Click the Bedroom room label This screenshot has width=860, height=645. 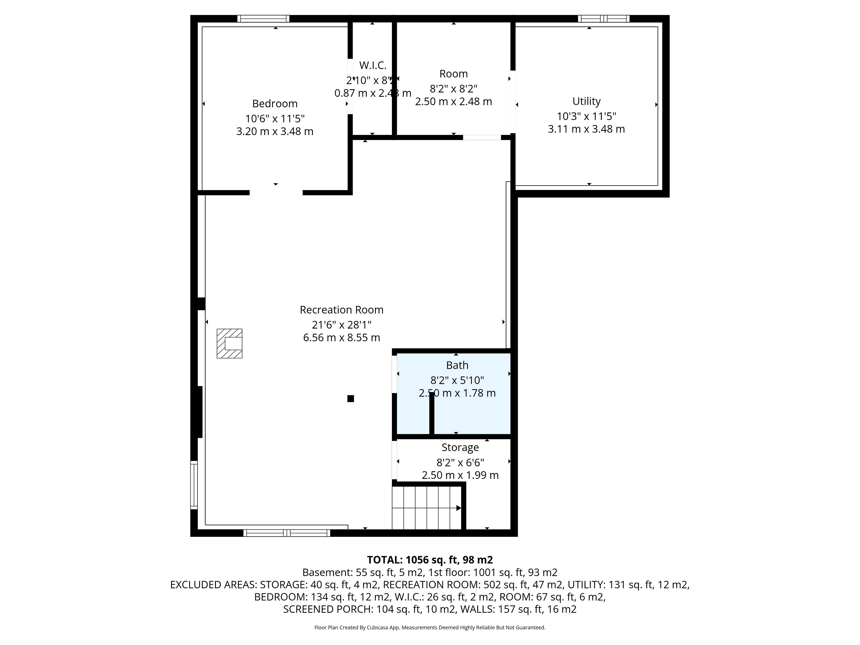[275, 104]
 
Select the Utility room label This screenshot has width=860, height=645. [586, 101]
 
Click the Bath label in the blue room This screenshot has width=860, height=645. [457, 365]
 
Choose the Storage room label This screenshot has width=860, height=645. [460, 447]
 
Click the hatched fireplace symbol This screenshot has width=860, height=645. [229, 344]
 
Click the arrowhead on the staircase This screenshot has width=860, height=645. [459, 508]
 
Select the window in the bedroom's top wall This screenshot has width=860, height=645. [264, 19]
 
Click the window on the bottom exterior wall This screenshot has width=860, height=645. [287, 533]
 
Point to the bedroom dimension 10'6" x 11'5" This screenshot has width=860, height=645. [275, 118]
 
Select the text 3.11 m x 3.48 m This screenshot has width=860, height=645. [586, 129]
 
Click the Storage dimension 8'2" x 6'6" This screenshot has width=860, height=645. [460, 463]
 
